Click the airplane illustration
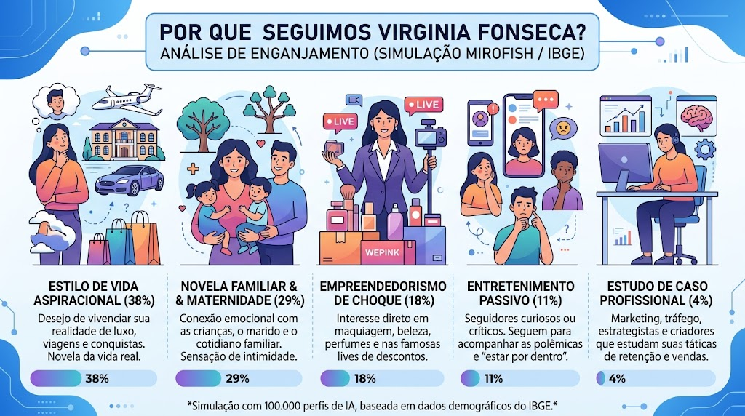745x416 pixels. [x=127, y=100]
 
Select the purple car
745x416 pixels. [x=130, y=180]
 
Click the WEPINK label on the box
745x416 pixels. [x=383, y=252]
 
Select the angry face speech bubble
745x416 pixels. [x=563, y=128]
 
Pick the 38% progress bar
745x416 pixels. [x=94, y=378]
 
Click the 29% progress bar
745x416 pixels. [x=239, y=378]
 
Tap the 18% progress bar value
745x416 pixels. [x=365, y=378]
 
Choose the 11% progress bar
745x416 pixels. [x=519, y=378]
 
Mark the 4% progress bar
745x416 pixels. [x=656, y=378]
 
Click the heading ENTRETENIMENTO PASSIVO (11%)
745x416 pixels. [x=520, y=293]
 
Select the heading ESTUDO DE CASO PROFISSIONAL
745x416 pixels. [x=657, y=293]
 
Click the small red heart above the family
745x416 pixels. [x=260, y=143]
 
